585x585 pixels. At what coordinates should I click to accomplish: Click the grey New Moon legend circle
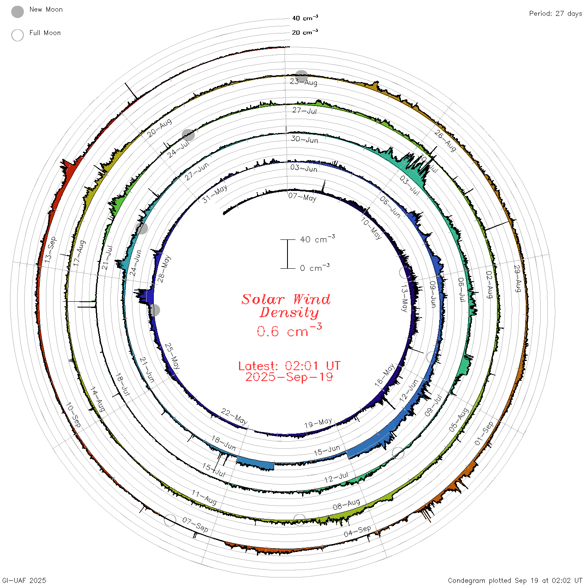18,12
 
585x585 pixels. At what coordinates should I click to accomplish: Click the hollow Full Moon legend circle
18,35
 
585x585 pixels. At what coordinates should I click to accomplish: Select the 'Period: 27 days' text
556,14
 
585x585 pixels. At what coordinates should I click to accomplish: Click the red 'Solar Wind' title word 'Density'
289,313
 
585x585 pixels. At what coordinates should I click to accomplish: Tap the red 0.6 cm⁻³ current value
289,330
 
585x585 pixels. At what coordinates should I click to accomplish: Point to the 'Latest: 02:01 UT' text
289,366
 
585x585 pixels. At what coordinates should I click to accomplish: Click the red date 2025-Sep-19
289,377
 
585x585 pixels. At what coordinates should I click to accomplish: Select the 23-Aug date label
303,82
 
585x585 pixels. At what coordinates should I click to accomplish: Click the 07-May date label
303,197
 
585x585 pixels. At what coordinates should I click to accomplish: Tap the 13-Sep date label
51,249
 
